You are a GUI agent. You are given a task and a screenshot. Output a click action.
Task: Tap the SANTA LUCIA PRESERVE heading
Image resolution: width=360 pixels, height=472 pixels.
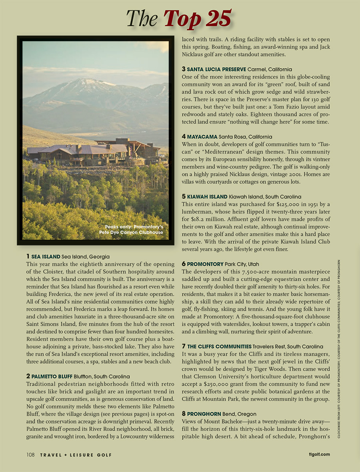coord(216,69)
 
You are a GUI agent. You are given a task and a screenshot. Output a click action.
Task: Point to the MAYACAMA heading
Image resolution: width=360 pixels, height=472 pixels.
coord(202,137)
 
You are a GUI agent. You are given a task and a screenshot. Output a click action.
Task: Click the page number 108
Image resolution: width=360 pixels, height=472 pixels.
coord(31,455)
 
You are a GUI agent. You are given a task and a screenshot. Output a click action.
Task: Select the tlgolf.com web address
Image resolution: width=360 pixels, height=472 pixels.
coord(319,455)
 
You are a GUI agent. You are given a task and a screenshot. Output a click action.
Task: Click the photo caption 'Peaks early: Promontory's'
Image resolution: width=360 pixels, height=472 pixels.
coord(134,227)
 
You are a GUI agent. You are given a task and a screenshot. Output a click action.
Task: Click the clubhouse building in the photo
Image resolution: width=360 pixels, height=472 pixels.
coord(96,152)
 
